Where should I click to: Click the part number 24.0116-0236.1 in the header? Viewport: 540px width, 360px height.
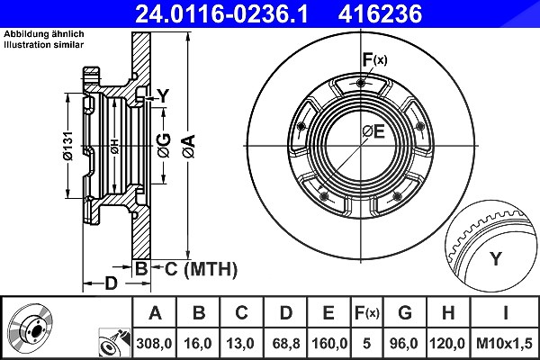point(221,13)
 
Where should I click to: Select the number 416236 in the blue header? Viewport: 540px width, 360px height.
point(380,13)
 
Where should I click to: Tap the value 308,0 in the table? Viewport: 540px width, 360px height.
point(154,344)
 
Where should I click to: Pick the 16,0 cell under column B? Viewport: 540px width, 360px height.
point(198,344)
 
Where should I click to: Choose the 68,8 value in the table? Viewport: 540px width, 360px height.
point(286,344)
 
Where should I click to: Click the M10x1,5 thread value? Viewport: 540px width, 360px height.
point(504,344)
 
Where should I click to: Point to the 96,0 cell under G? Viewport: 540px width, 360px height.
point(405,344)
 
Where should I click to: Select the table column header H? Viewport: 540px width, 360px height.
point(448,313)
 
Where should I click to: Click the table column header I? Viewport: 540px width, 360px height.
point(505,313)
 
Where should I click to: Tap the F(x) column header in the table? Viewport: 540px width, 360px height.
point(367,313)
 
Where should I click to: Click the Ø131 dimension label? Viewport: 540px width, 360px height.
point(68,146)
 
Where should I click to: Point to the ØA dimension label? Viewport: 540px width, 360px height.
point(189,146)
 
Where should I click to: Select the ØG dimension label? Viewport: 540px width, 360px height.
point(165,146)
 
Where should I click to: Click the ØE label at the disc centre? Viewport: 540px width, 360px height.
point(373,131)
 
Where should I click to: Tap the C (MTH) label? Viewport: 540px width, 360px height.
point(201,269)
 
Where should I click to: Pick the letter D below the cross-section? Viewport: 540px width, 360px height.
point(111,283)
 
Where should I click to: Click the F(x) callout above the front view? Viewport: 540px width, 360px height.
point(374,60)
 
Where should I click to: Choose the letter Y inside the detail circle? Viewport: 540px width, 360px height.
point(496,258)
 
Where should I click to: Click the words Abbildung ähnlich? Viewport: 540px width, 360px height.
point(44,34)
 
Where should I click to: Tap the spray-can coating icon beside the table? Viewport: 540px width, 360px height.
point(114,344)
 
